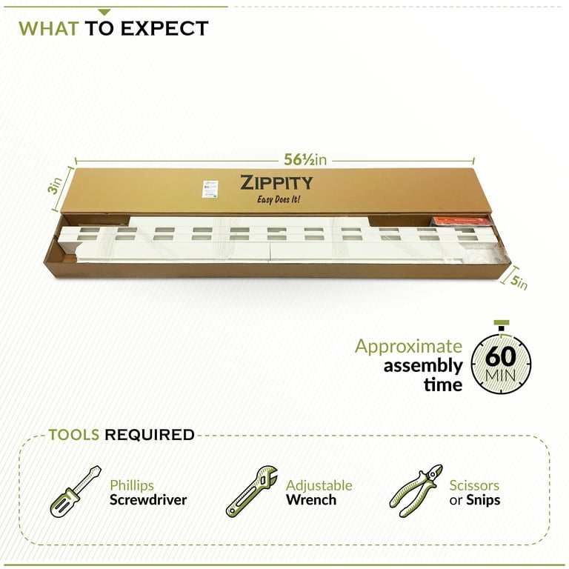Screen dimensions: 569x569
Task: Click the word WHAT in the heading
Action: point(48,29)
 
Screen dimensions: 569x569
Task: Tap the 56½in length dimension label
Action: point(305,159)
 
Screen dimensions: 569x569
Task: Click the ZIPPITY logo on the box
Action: point(276,183)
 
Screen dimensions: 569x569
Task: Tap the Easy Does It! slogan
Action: point(278,200)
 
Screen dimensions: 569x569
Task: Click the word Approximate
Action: point(408,346)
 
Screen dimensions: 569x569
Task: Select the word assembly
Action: point(422,365)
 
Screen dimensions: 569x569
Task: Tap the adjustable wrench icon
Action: point(251,491)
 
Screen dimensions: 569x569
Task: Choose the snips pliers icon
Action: point(415,491)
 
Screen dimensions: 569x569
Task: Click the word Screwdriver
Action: point(148,500)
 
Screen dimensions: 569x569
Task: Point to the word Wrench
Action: point(311,500)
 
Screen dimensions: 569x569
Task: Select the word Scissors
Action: point(474,486)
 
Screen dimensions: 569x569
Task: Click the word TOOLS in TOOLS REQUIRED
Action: point(74,435)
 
